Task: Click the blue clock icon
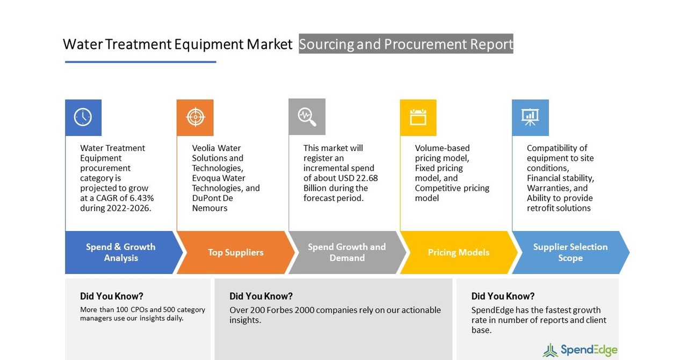tap(83, 117)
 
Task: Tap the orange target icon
tap(195, 117)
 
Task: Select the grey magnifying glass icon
tap(307, 117)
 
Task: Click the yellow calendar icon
tap(418, 117)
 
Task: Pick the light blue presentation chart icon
tap(530, 117)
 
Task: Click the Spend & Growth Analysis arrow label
tap(121, 253)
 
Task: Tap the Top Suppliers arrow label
tap(235, 253)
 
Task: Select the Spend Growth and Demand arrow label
tap(346, 253)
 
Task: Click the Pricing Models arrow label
tap(458, 253)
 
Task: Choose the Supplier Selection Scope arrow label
tap(570, 253)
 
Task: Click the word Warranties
tap(549, 188)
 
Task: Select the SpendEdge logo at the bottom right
tap(580, 350)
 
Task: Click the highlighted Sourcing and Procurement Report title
tap(406, 44)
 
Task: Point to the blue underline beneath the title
tap(140, 62)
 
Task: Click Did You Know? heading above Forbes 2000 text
tap(261, 296)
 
